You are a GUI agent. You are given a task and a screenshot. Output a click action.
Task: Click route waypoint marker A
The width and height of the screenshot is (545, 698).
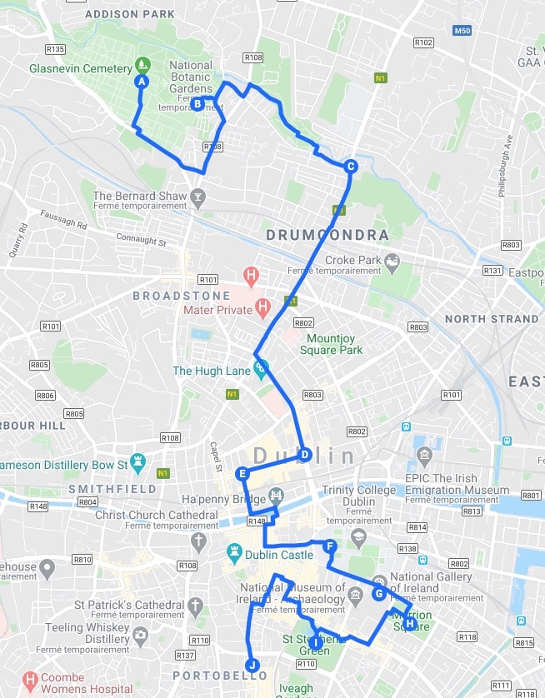click(141, 82)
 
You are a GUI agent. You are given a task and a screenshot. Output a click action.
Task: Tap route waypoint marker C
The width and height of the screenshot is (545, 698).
click(351, 166)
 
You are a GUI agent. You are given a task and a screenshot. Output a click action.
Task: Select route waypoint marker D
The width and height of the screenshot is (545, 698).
click(305, 455)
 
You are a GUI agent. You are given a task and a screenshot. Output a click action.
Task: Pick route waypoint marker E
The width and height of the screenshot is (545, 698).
click(242, 474)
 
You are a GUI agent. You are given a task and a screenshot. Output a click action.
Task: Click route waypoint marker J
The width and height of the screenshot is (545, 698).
click(252, 666)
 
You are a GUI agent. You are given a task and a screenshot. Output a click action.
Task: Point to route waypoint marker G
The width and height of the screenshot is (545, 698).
click(379, 594)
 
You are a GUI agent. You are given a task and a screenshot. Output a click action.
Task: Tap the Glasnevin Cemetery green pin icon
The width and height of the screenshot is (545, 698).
click(143, 64)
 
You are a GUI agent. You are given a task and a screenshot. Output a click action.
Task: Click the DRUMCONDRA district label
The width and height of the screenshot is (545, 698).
click(327, 236)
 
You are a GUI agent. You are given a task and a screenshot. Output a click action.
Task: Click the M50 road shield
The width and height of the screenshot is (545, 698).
click(462, 31)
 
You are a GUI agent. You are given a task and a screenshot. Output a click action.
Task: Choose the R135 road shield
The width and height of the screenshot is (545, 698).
click(57, 49)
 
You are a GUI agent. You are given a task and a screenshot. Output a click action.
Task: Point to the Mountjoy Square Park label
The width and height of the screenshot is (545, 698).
click(334, 344)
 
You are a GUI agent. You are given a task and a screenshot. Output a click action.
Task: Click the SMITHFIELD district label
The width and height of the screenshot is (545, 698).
click(112, 488)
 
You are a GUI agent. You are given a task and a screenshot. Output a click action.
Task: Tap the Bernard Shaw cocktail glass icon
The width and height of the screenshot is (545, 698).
click(197, 197)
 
